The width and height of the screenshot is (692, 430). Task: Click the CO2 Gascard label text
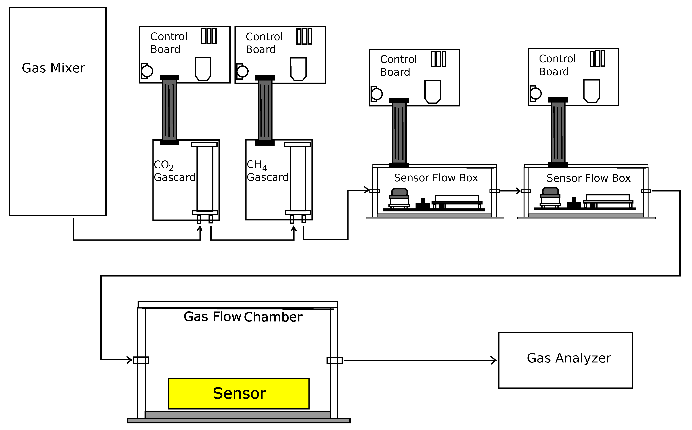click(x=174, y=171)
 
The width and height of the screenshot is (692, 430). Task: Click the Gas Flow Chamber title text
click(x=243, y=317)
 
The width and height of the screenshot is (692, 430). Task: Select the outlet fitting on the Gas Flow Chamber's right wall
click(x=335, y=360)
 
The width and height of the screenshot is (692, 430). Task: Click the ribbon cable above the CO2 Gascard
click(x=170, y=110)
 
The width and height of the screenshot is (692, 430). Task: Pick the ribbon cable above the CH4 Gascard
click(x=265, y=110)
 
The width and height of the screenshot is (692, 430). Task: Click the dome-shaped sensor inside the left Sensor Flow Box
click(x=399, y=192)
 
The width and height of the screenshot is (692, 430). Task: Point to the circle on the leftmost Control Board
click(x=147, y=71)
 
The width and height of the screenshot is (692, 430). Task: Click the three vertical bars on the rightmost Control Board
click(x=597, y=58)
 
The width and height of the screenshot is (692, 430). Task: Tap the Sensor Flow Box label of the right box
click(x=588, y=178)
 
